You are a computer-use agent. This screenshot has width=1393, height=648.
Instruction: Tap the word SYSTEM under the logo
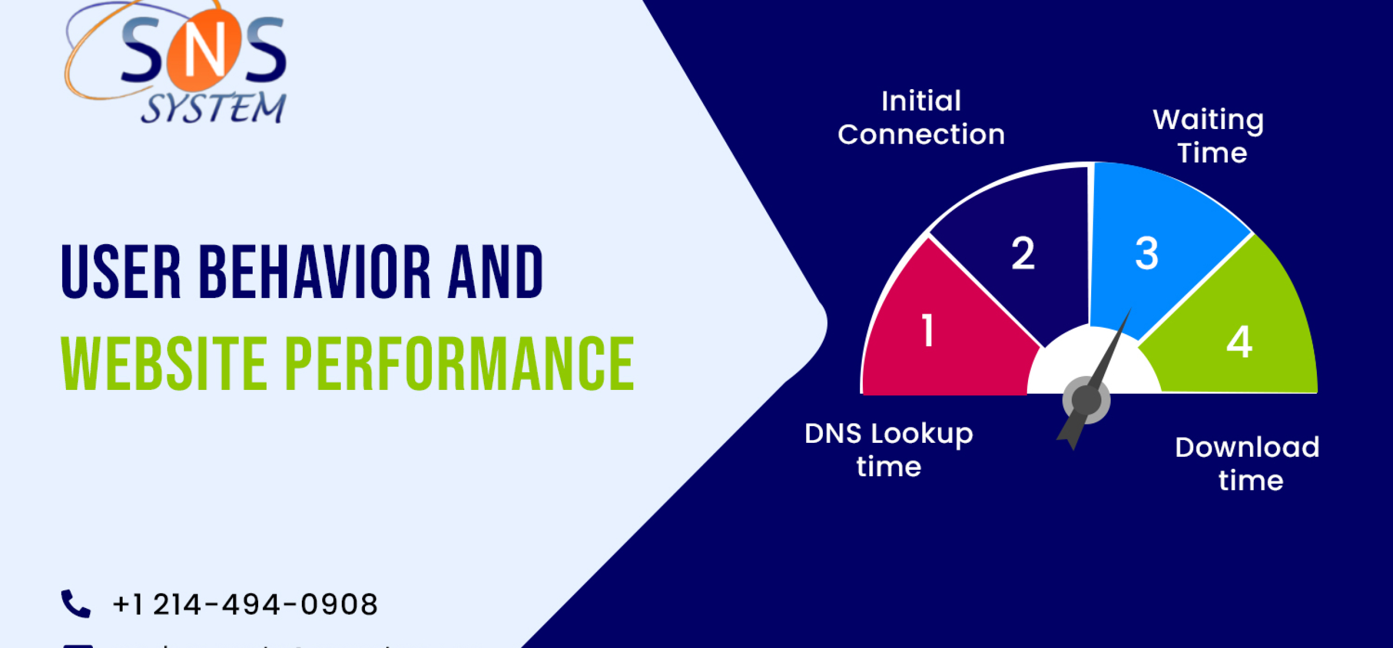coord(214,108)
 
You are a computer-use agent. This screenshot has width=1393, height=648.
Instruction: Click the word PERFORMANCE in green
coord(459,363)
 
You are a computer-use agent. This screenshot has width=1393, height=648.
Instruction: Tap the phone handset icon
coord(76,604)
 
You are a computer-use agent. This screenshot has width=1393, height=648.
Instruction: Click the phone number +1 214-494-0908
coord(245,604)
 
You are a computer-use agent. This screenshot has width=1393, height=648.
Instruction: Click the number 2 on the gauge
coord(1023,253)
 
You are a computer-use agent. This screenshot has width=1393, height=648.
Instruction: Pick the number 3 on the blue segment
coord(1146,253)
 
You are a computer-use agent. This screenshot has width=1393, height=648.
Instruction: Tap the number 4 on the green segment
coord(1239,342)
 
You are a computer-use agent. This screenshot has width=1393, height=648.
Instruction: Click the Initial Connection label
coord(921,117)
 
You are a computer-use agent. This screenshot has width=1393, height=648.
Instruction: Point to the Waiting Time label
coord(1209,136)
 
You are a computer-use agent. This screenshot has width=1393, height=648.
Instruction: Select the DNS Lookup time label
coord(889,450)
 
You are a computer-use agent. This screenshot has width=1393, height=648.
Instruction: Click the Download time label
coord(1248,463)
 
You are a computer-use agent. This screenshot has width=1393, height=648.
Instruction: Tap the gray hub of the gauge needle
coord(1086,400)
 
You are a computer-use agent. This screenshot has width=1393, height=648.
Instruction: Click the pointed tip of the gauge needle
coord(1130,310)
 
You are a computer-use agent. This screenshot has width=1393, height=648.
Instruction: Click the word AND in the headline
coord(495,272)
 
